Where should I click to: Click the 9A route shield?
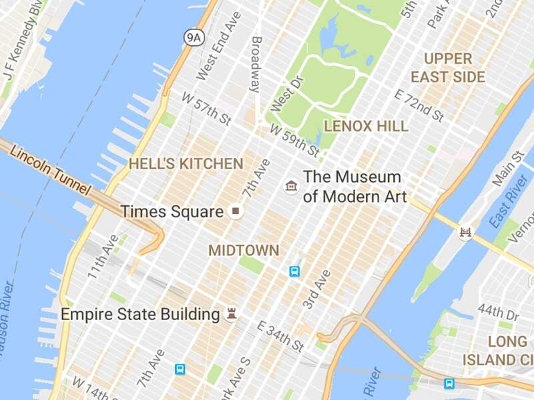[x=193, y=37]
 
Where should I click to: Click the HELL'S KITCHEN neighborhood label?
[x=186, y=163]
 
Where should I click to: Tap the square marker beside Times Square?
[x=235, y=212]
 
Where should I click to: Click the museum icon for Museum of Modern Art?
[x=291, y=186]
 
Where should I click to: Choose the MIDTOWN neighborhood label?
[x=244, y=251]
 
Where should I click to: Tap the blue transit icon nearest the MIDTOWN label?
[x=294, y=271]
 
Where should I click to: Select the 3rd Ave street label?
[x=316, y=289]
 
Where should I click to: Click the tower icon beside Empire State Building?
[x=232, y=313]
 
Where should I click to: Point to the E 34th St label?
[x=281, y=337]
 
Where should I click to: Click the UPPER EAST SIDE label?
[x=448, y=68]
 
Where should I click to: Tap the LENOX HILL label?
[x=366, y=125]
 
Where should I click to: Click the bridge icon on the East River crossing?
[x=465, y=233]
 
